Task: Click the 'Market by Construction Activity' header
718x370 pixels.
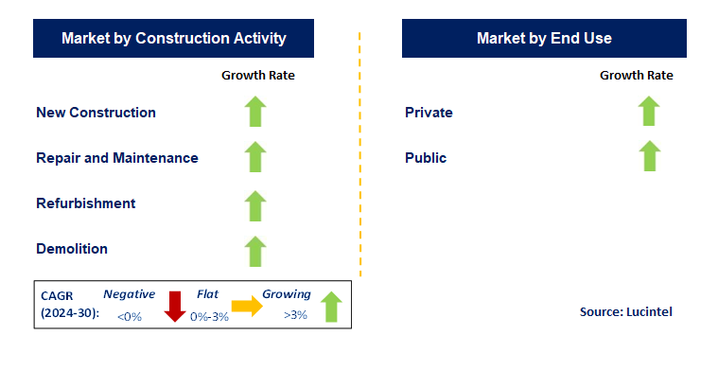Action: (173, 39)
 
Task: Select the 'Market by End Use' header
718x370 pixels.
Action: (544, 39)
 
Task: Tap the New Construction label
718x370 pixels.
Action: (96, 113)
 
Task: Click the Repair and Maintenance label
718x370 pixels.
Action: (117, 158)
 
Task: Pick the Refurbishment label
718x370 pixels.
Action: (86, 203)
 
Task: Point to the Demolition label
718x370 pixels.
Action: (72, 249)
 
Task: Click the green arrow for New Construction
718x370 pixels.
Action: (255, 112)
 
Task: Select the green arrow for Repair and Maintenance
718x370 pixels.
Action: (255, 157)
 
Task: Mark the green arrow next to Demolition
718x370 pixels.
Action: (255, 250)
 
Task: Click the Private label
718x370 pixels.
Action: (429, 113)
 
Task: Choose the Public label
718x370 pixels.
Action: (426, 158)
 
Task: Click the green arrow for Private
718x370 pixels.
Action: (648, 112)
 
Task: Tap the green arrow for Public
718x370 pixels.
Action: (648, 157)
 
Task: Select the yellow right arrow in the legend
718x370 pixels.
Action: (247, 306)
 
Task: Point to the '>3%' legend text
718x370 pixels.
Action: (294, 315)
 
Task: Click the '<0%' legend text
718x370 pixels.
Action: (129, 315)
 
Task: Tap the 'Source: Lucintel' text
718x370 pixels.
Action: (625, 311)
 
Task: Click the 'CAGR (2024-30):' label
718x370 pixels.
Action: (67, 305)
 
